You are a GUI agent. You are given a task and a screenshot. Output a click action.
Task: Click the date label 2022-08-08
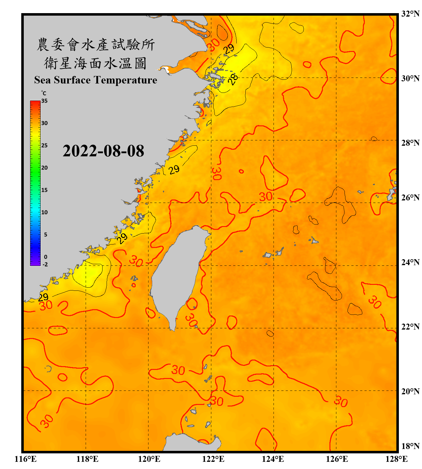pos(103,151)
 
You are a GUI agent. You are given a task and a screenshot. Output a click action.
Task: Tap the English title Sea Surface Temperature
pos(96,80)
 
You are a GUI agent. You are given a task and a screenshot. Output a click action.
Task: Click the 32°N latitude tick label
pos(410,14)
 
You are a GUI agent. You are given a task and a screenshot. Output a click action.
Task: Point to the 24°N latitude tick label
pos(410,262)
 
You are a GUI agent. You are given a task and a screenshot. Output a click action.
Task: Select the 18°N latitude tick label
pos(410,446)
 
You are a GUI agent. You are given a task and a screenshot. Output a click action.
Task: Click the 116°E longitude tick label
pos(26,459)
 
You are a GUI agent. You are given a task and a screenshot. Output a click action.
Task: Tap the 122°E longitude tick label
pos(213,459)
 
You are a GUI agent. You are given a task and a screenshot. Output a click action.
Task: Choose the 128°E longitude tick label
pos(396,459)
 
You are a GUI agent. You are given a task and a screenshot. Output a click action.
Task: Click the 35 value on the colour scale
pos(44,101)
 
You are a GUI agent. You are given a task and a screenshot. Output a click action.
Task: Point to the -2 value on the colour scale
pos(45,264)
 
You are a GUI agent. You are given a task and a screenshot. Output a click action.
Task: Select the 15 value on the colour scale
pos(44,190)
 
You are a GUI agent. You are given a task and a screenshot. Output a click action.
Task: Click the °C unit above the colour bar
pos(44,93)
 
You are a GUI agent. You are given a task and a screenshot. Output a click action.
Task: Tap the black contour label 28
pos(233,79)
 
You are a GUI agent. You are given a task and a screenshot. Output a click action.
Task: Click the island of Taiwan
pos(177,275)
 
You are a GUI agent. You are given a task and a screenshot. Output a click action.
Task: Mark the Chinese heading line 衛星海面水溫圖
pos(95,63)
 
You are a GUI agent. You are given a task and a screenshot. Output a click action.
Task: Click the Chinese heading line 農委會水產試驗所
pos(96,44)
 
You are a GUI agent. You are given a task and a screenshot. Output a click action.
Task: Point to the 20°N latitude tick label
pos(410,391)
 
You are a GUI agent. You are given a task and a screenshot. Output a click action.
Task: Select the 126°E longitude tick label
pos(337,459)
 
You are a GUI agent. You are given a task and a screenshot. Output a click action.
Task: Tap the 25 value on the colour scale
pos(44,145)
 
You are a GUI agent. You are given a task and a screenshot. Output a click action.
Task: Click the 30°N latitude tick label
pos(410,78)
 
